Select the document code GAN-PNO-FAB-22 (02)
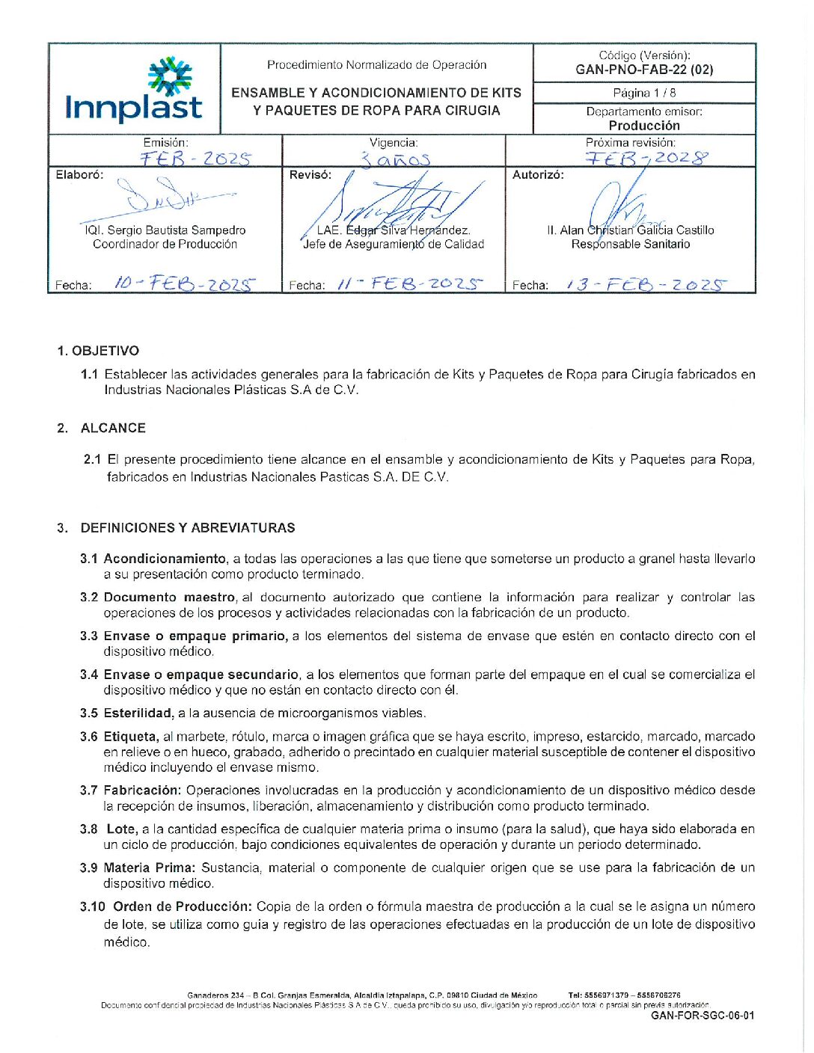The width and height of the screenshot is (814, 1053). coord(644,70)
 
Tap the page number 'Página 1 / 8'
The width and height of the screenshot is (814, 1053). coord(644,93)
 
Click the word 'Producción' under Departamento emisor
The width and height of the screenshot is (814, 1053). coord(644,126)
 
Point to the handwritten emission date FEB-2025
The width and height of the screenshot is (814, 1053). coord(196,159)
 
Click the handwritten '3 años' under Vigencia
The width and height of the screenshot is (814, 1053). coord(395,159)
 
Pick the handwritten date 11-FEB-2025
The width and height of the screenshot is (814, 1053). coord(410,283)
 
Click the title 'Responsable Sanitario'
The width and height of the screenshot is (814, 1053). coord(631,244)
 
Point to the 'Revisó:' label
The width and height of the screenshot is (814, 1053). coord(310,175)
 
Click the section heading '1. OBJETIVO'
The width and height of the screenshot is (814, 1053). coord(98,351)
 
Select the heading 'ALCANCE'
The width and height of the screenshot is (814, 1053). coord(113,428)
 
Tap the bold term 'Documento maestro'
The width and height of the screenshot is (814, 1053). coord(170,597)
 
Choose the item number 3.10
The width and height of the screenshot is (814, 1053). coord(93,906)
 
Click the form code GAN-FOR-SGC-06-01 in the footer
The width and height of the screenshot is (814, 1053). coord(703,1016)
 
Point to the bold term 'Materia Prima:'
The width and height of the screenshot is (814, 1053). coord(150,868)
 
